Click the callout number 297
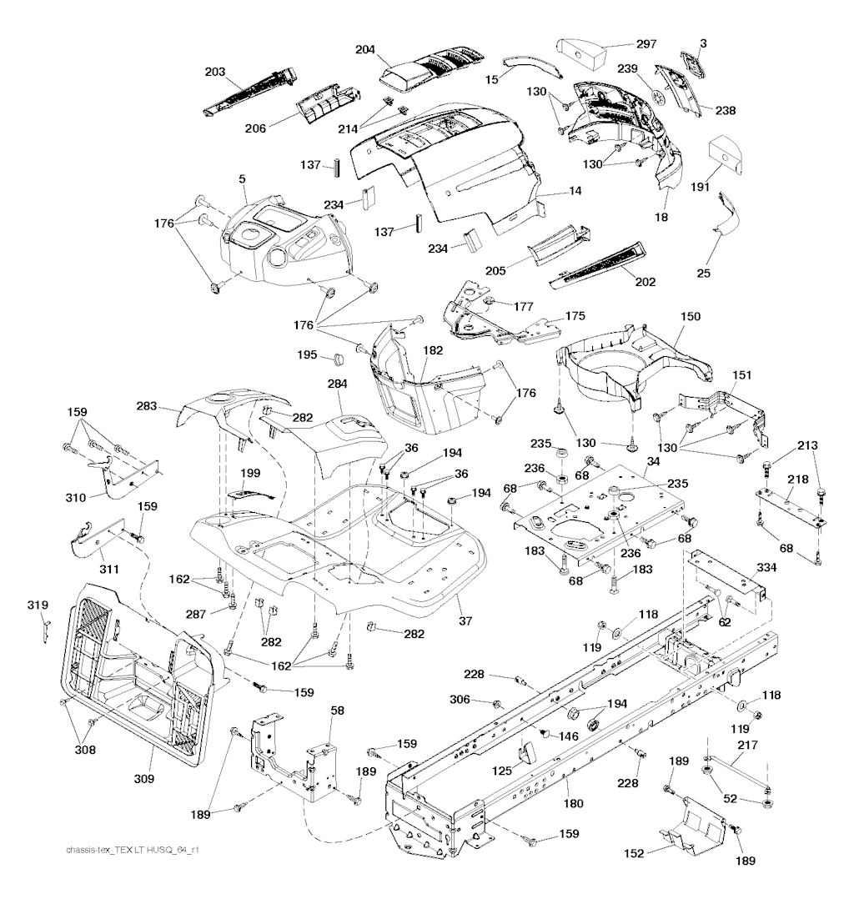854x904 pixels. (x=646, y=43)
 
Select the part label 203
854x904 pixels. (x=214, y=73)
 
